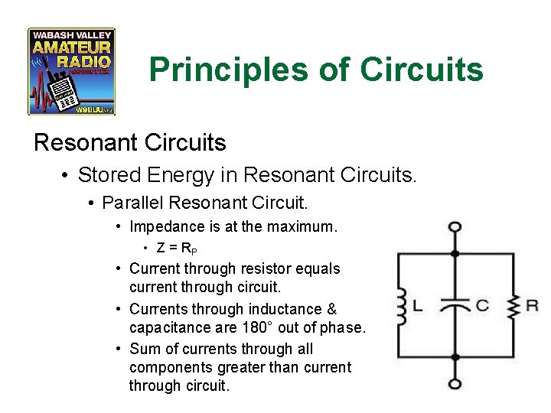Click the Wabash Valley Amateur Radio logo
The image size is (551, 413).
click(71, 71)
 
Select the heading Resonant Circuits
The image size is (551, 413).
click(129, 142)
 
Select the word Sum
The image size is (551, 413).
click(143, 349)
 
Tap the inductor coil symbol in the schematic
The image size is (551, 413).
click(400, 305)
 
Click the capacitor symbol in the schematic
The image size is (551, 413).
click(455, 305)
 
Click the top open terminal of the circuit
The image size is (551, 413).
click(455, 226)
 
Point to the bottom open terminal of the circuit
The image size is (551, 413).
click(455, 385)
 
